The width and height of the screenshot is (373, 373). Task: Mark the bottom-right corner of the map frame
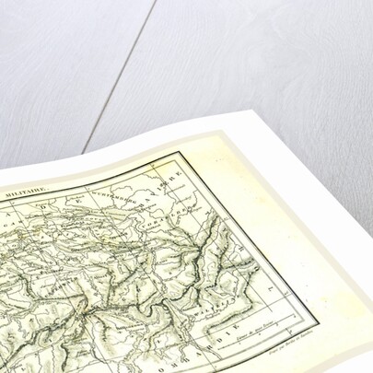coord(318,327)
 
